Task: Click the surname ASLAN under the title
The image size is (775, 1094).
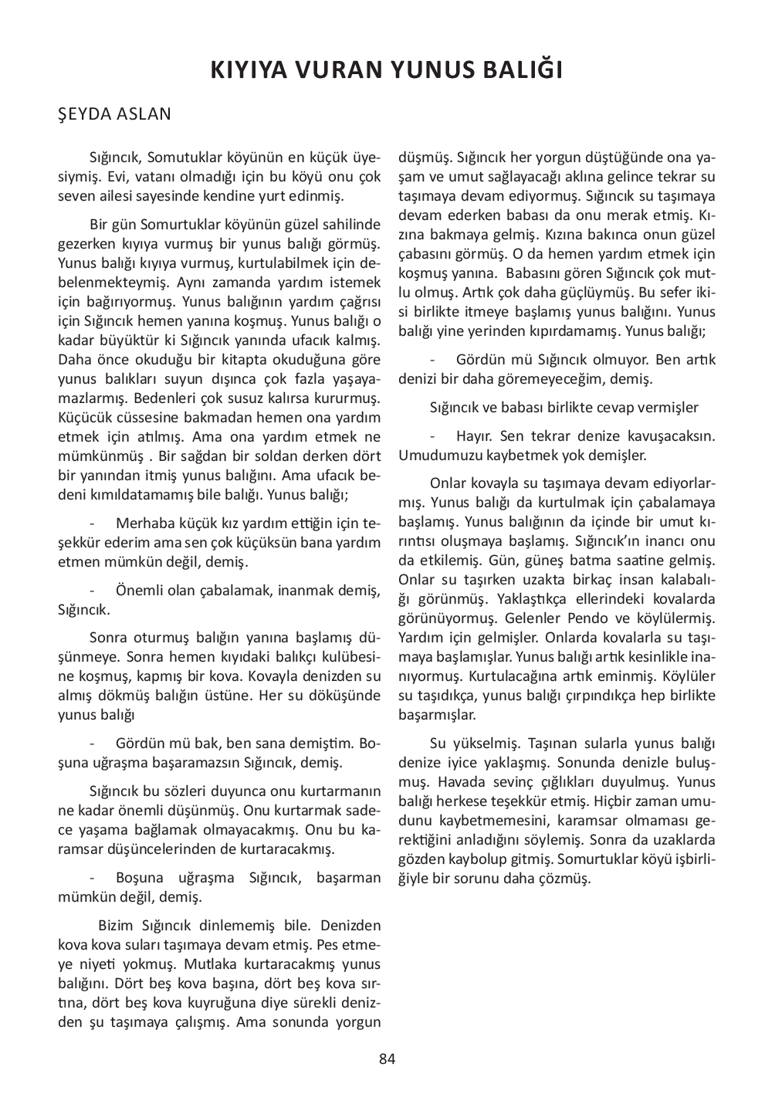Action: [x=144, y=114]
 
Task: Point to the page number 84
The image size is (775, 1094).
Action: [x=387, y=1058]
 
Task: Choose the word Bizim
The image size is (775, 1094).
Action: [x=117, y=925]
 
